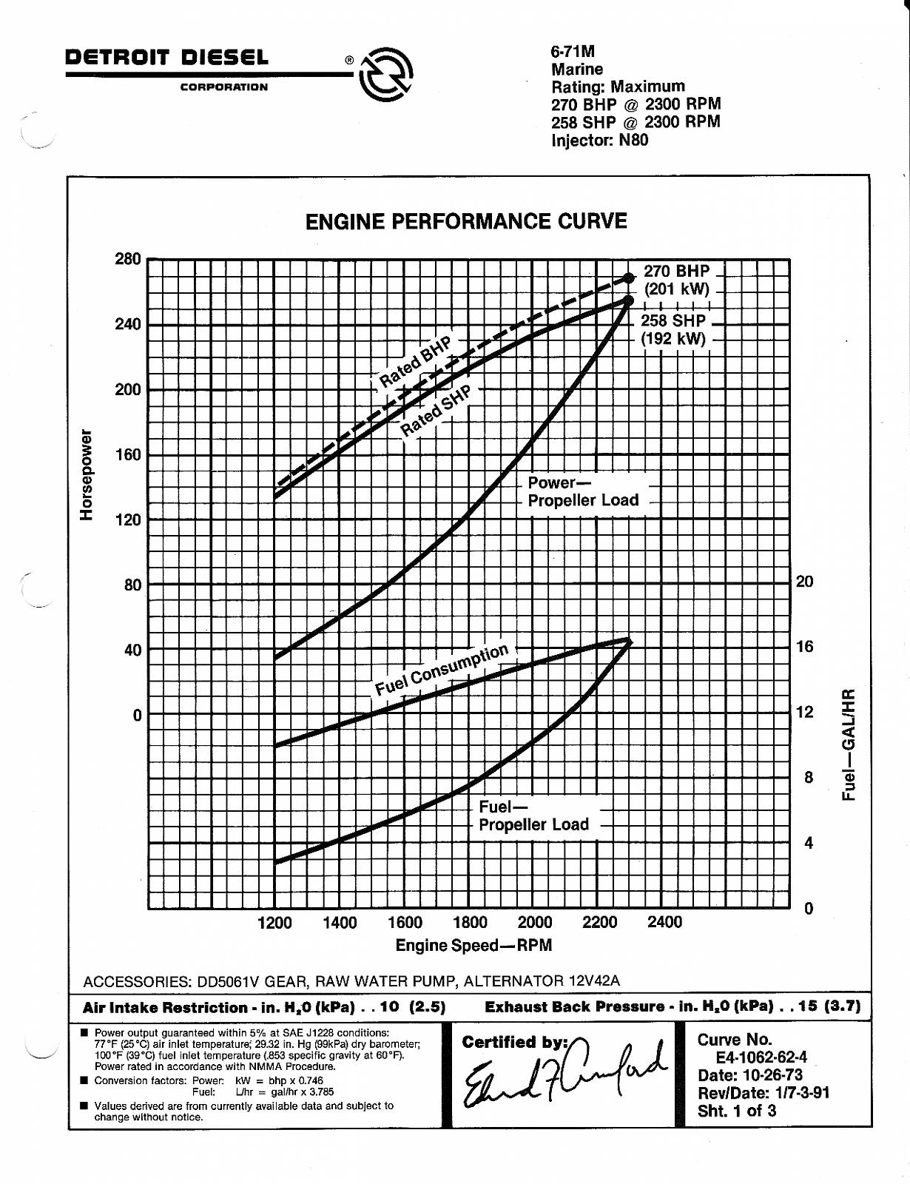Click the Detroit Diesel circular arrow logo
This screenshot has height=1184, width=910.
[385, 74]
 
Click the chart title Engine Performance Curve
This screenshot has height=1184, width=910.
[466, 221]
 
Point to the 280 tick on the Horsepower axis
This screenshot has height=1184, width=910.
[127, 259]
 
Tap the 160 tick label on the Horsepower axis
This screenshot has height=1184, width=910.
[127, 454]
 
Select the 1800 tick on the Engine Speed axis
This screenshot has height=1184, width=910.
[470, 923]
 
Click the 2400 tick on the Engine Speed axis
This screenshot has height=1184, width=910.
[664, 922]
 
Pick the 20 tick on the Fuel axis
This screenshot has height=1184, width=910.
[804, 582]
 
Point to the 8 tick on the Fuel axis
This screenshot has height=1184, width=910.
[808, 777]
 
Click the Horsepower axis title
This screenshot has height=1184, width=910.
[87, 474]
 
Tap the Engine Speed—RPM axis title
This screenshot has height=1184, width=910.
[473, 945]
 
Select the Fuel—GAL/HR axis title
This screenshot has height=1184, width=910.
[849, 744]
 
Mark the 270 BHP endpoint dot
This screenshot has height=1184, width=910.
[629, 277]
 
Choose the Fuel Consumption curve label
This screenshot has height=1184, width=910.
[442, 669]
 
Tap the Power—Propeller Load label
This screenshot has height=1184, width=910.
[582, 491]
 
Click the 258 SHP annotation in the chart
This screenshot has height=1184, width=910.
[673, 321]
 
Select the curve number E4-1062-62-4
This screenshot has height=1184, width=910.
[761, 1057]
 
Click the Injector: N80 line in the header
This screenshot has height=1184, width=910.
[599, 140]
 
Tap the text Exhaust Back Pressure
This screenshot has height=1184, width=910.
[574, 1006]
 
